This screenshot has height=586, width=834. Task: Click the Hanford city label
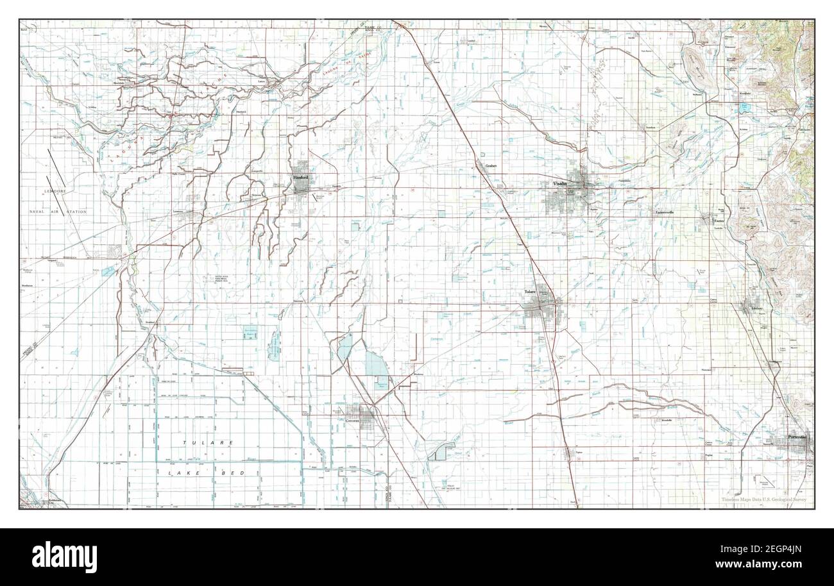pyautogui.click(x=300, y=178)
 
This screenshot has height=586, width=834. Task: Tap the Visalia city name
pyautogui.click(x=560, y=184)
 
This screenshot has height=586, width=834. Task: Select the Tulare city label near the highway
pyautogui.click(x=529, y=292)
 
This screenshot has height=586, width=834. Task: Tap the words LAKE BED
pyautogui.click(x=207, y=473)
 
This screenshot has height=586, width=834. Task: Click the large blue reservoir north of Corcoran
pyautogui.click(x=373, y=367)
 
